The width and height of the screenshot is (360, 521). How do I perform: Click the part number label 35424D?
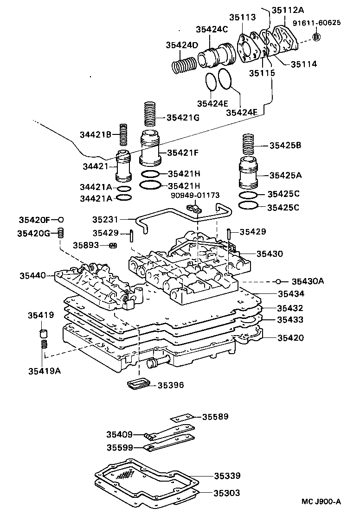click(181, 45)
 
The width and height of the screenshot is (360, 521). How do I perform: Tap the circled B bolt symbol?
click(316, 37)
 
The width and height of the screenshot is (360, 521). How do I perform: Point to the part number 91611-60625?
click(316, 23)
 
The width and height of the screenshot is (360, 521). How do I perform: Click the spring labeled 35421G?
click(150, 114)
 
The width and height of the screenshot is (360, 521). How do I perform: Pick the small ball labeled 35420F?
click(61, 220)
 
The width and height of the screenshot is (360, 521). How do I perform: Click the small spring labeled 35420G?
click(60, 233)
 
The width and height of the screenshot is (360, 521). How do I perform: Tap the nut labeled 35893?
click(113, 246)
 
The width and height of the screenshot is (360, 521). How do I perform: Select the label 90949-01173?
click(195, 195)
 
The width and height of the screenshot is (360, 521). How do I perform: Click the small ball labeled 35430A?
click(277, 282)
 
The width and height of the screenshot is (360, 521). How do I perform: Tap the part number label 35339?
click(227, 476)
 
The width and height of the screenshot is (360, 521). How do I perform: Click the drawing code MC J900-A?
click(321, 502)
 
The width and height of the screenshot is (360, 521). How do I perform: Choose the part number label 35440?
click(32, 275)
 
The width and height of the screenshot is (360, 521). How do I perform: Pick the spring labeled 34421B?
click(123, 134)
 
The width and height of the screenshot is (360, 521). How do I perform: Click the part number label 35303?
click(226, 493)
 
